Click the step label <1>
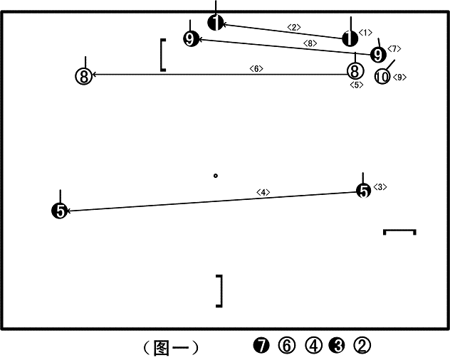coord(365,33)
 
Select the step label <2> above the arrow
coord(294,27)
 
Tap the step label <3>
coord(380,187)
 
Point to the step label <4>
coord(263,192)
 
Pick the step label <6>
coord(256,68)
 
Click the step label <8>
coord(310,43)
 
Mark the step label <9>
coord(399,77)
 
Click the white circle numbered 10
coord(382,77)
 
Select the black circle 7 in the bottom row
coord(261,345)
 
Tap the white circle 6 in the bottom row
coord(287,345)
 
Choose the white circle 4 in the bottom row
coord(313,345)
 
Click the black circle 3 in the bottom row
coord(337,345)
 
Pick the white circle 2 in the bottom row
coord(362,345)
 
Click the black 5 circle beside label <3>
coord(364,191)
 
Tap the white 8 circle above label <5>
coord(355,71)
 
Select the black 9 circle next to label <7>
coord(378,55)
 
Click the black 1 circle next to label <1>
coord(350,38)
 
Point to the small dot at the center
coord(216,176)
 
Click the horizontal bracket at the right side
coord(399,230)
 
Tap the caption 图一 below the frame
coord(172,348)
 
